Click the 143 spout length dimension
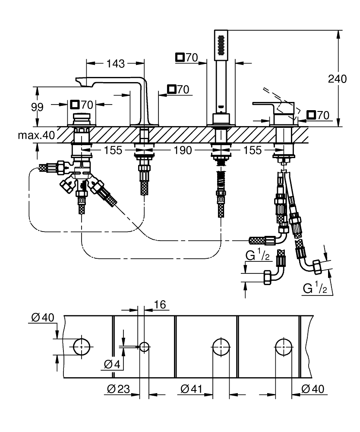(x=116, y=64)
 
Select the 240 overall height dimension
(x=337, y=79)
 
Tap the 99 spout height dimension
(x=37, y=107)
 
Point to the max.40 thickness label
(x=36, y=135)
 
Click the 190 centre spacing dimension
(x=183, y=150)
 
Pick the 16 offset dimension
(x=160, y=305)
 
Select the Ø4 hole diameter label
(x=112, y=365)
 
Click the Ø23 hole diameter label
(x=118, y=389)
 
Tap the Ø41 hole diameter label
(x=192, y=389)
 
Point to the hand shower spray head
(x=221, y=45)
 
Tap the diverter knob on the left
(x=82, y=119)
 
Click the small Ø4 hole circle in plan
(x=144, y=347)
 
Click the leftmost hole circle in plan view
(x=82, y=347)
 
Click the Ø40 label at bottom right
(x=313, y=389)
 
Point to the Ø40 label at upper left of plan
(x=43, y=318)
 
